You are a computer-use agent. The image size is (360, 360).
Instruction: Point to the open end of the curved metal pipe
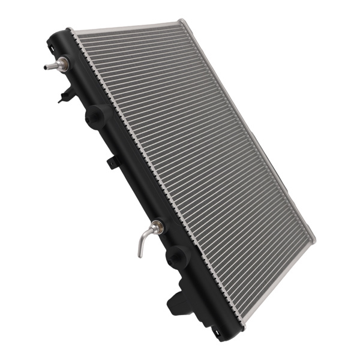pos(139,256)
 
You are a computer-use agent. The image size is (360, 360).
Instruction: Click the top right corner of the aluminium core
pos(179,23)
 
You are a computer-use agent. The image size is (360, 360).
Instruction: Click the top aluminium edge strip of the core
pos(126,26)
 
